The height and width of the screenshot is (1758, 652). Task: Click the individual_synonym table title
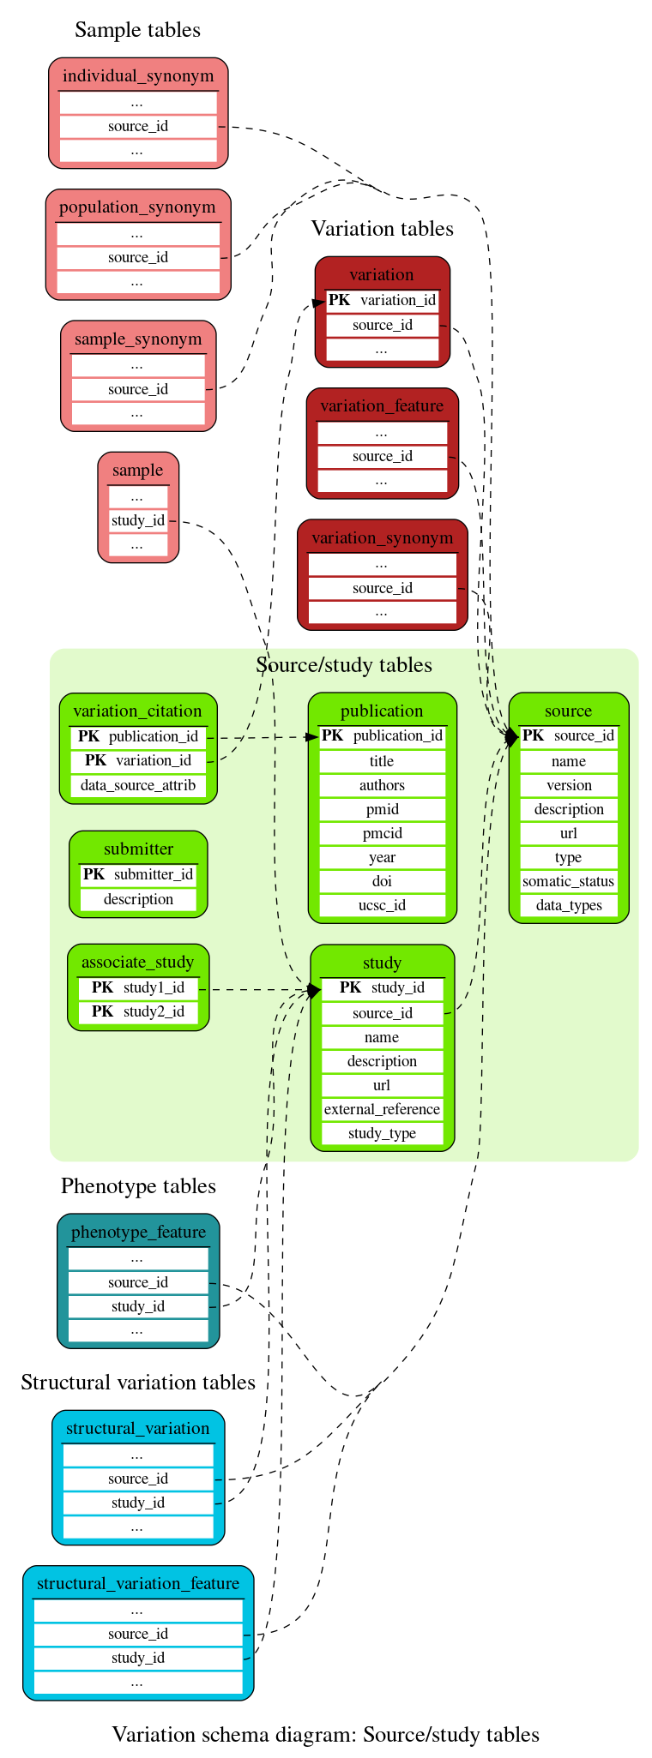138,76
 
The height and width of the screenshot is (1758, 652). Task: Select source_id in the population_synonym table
138,257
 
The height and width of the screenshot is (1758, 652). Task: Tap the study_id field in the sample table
138,520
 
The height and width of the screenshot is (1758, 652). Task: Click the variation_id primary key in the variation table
383,300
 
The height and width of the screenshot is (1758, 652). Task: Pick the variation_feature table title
382,405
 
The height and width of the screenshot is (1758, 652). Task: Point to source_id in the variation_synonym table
383,588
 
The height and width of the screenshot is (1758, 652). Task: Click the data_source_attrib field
138,785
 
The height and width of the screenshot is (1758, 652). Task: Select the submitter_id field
138,874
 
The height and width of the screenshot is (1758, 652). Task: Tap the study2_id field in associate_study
138,1011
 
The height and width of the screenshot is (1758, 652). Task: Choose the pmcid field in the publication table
382,833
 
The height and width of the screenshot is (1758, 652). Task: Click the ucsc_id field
382,905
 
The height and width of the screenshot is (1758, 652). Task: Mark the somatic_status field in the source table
569,881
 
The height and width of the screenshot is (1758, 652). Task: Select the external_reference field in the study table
382,1109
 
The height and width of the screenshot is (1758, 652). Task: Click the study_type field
382,1133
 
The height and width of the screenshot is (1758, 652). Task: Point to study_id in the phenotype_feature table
138,1306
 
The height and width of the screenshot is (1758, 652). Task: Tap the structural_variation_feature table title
138,1583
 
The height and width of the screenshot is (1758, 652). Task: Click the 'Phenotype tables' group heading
138,1186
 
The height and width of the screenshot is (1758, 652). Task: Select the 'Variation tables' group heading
382,229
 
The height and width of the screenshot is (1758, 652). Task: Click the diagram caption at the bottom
326,1735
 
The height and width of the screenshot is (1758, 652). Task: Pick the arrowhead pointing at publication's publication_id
313,736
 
